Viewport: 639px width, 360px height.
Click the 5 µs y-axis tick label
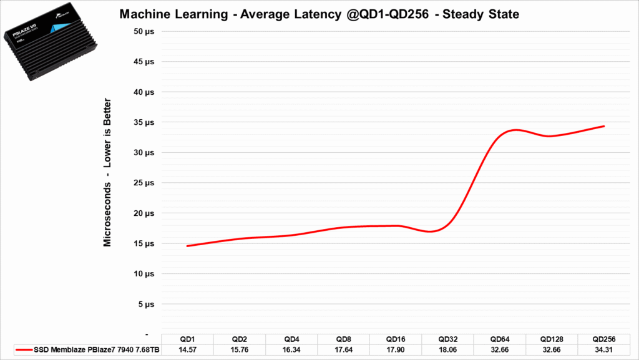coord(145,304)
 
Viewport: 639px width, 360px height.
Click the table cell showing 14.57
coord(187,350)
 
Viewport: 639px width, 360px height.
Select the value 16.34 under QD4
coord(291,350)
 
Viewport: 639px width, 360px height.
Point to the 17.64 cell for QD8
coord(343,350)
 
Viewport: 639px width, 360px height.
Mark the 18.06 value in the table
coord(447,350)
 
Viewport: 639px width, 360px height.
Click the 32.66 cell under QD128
coord(551,350)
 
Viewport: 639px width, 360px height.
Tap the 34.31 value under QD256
coord(603,350)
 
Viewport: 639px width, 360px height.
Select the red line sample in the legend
coord(26,350)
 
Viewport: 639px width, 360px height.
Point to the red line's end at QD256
coord(604,126)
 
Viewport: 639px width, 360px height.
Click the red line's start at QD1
coord(187,246)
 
